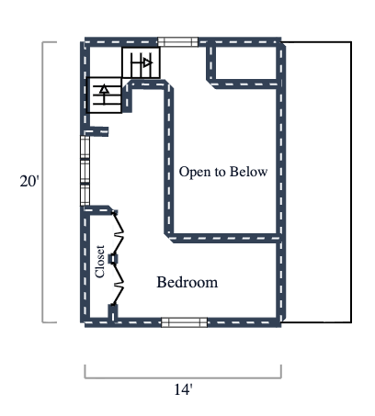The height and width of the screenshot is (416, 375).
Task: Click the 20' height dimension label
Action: [28, 181]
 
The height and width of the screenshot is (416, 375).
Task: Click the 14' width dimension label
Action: [183, 390]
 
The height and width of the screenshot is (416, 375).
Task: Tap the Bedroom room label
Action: [187, 282]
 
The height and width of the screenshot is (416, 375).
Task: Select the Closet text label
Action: [100, 261]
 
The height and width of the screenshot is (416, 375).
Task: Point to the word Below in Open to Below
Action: [245, 172]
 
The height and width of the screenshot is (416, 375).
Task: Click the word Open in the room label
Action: [194, 172]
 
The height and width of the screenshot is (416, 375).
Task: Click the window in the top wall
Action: [176, 41]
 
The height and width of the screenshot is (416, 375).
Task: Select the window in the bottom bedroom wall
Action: [184, 322]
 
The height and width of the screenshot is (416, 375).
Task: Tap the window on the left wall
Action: [85, 170]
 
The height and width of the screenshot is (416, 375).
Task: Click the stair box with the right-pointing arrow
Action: [142, 63]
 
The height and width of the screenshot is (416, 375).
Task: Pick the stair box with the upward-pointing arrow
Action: [104, 94]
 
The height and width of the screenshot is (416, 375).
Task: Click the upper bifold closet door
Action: [117, 235]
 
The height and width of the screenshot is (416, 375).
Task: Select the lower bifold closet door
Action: [117, 286]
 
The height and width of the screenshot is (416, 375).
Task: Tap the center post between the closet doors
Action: [114, 260]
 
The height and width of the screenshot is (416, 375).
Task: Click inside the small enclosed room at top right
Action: [244, 62]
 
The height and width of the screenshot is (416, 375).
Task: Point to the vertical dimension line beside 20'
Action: [43, 182]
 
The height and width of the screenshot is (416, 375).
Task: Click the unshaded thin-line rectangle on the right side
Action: [316, 182]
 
